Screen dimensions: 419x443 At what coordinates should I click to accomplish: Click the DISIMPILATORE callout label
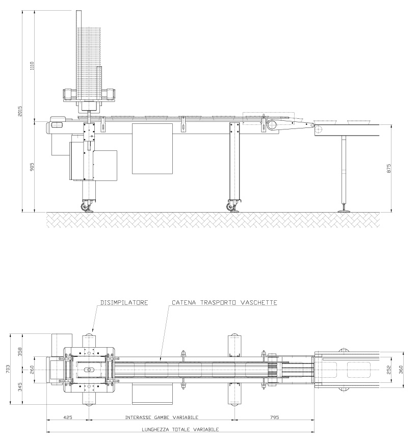124,303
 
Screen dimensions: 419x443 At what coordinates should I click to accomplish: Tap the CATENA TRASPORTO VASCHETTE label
225,303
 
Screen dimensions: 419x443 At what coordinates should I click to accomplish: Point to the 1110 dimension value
32,66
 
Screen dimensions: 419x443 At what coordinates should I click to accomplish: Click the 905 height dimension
32,167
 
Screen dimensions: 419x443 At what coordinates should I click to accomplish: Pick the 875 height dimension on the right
389,168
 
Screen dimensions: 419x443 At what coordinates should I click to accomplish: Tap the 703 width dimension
8,369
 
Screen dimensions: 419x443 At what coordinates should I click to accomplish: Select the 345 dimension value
20,387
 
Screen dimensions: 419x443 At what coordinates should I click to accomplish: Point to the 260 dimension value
32,369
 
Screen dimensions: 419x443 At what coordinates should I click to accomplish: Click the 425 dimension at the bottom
68,417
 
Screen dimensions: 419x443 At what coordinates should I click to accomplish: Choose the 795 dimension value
274,417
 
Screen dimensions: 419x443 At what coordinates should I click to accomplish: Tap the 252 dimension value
389,370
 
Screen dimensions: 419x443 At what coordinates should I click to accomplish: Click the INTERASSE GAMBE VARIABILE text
162,417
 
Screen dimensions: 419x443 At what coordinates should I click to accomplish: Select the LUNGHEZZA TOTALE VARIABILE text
180,429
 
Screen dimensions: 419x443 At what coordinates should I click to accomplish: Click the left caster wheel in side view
85,207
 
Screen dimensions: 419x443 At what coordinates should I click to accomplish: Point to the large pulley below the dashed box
272,124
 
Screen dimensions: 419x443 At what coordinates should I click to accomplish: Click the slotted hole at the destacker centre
89,369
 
